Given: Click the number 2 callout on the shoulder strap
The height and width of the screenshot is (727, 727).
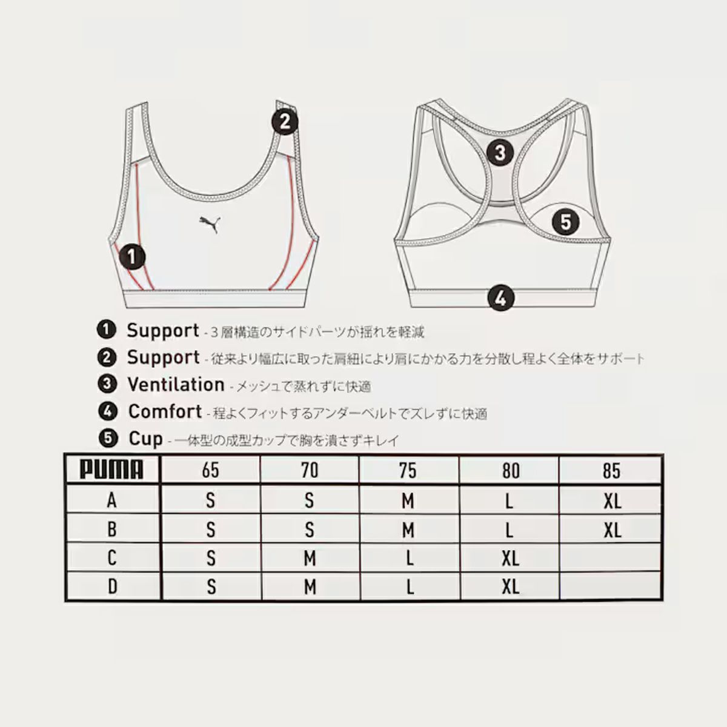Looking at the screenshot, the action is [285, 122].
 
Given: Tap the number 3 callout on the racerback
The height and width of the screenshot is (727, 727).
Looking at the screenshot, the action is [500, 153].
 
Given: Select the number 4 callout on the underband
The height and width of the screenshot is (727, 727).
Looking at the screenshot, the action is [500, 299].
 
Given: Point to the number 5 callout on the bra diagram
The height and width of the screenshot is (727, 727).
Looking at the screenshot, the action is [566, 222].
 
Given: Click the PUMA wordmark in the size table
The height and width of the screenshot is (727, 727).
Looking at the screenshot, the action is [111, 470].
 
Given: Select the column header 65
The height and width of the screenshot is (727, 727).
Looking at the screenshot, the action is [210, 470].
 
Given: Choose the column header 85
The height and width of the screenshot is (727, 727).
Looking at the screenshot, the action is [611, 470].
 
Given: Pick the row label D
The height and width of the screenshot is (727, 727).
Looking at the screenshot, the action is [113, 586].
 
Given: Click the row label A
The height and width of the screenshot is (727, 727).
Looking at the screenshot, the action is [111, 500].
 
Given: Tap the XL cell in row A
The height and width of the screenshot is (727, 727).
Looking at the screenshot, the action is [612, 501].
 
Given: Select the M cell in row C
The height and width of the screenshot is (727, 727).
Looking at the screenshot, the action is [310, 558].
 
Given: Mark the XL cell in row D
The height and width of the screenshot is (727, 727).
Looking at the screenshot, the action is [511, 586].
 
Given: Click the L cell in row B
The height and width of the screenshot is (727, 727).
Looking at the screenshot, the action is [510, 531].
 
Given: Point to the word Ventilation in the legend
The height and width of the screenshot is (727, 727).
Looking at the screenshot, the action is [176, 385].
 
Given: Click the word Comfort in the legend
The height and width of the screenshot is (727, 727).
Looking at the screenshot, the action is [165, 411].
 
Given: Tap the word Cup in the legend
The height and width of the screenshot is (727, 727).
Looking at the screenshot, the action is [145, 439].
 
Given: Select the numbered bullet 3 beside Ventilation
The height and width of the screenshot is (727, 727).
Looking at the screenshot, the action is [107, 385].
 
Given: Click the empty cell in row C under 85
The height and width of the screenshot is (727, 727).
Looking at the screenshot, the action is [610, 557].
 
